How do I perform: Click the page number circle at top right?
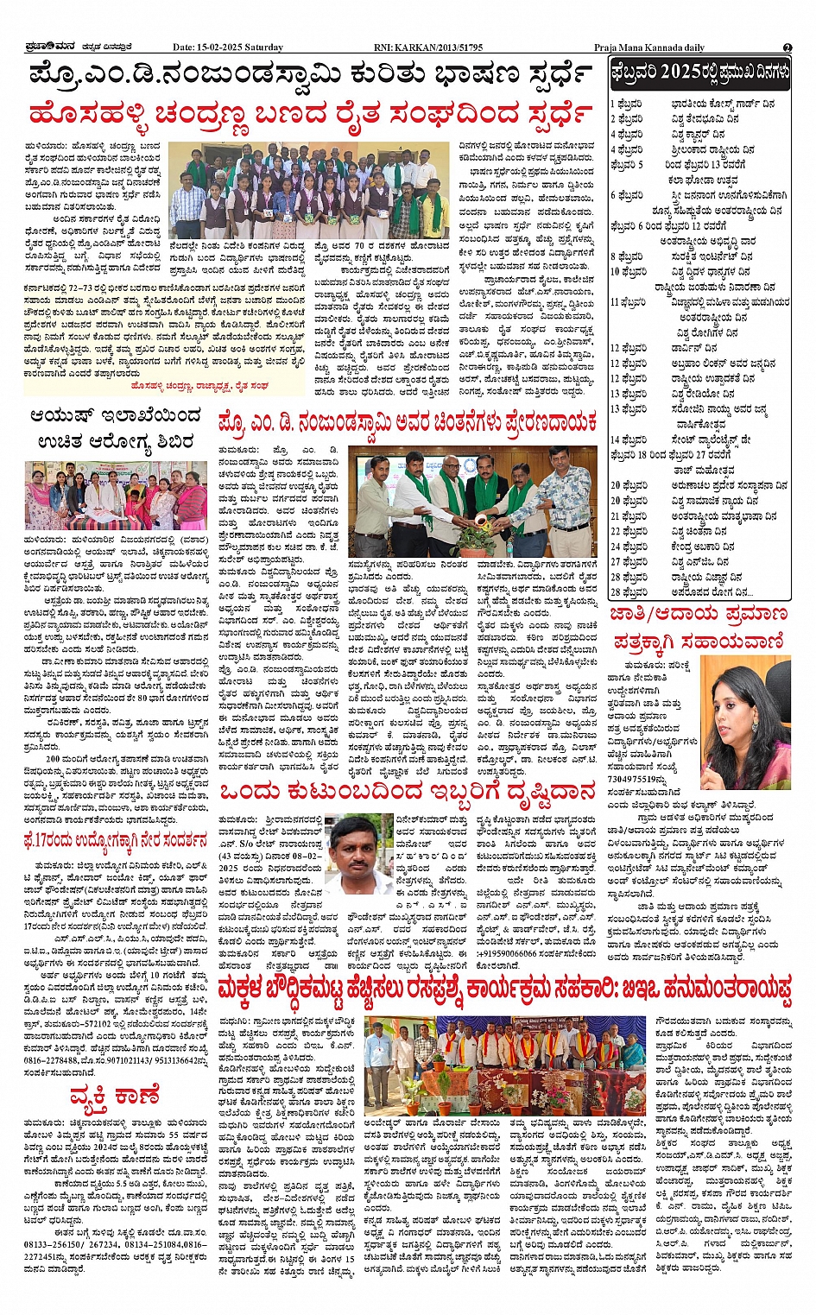(x=787, y=47)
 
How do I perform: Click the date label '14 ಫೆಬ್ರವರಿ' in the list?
(x=628, y=439)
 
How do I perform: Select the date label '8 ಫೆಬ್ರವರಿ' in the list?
(x=628, y=256)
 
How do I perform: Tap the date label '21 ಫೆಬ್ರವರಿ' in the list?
(x=628, y=515)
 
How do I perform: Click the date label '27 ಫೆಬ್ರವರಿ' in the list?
(x=628, y=561)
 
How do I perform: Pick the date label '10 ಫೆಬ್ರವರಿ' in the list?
(x=628, y=271)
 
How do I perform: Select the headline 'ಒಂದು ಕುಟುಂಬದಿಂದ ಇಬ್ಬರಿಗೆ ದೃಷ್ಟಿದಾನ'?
(x=407, y=791)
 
